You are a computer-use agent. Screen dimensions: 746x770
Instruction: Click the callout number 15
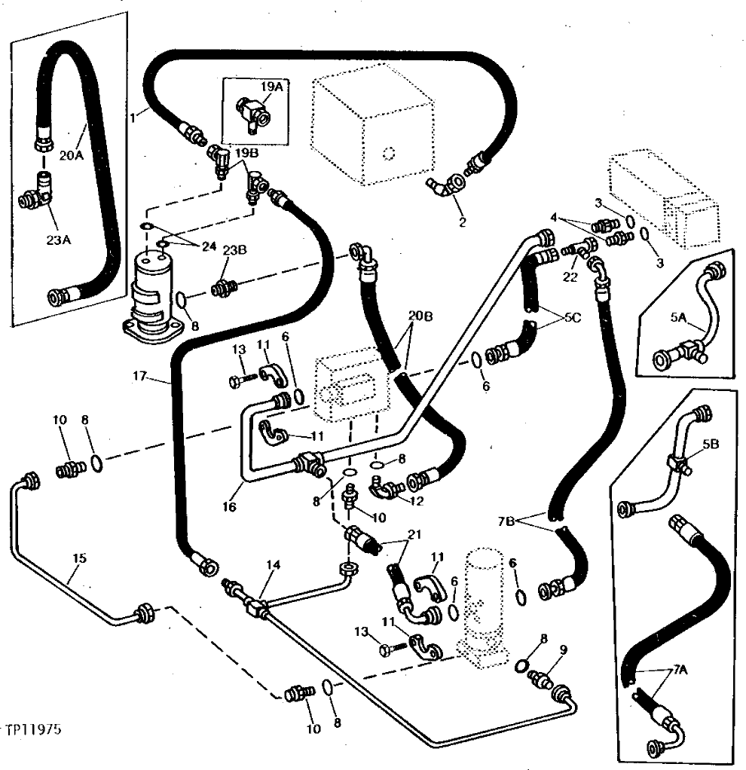80,558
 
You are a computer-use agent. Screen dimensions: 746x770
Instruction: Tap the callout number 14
271,564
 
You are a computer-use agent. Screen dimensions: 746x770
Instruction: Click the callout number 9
563,649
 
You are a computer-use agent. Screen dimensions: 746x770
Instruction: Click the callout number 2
462,222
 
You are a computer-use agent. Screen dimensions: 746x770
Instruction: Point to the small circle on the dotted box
389,154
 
